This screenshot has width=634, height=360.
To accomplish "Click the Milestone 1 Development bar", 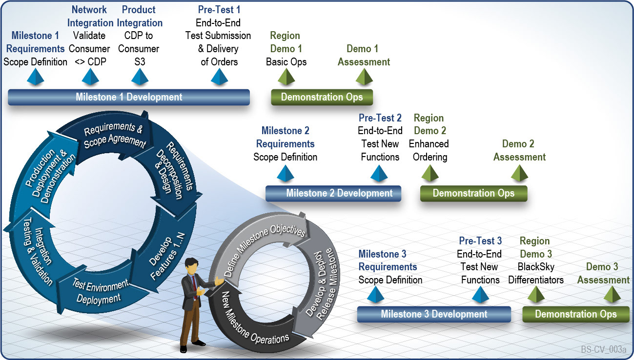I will click(x=129, y=97).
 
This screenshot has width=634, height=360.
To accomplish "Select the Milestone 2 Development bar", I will click(x=333, y=193).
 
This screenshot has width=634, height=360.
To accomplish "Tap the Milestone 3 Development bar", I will click(x=434, y=314).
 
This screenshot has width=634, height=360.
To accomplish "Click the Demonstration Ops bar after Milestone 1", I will click(x=322, y=97).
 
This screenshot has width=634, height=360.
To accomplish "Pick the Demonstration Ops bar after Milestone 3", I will click(x=575, y=314).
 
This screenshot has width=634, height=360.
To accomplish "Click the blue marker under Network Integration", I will click(x=90, y=77).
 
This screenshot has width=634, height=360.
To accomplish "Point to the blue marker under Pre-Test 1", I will click(x=219, y=77).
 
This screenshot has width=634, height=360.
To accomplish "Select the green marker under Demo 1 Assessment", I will click(x=364, y=77).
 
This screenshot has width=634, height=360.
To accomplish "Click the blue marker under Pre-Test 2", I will click(x=379, y=174).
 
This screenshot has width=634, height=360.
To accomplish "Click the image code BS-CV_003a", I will click(x=603, y=350).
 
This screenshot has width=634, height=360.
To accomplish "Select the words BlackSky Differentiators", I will click(x=536, y=274).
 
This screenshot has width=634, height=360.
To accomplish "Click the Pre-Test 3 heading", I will click(x=480, y=241).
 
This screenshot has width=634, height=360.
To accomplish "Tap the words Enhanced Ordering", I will click(x=429, y=150).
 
